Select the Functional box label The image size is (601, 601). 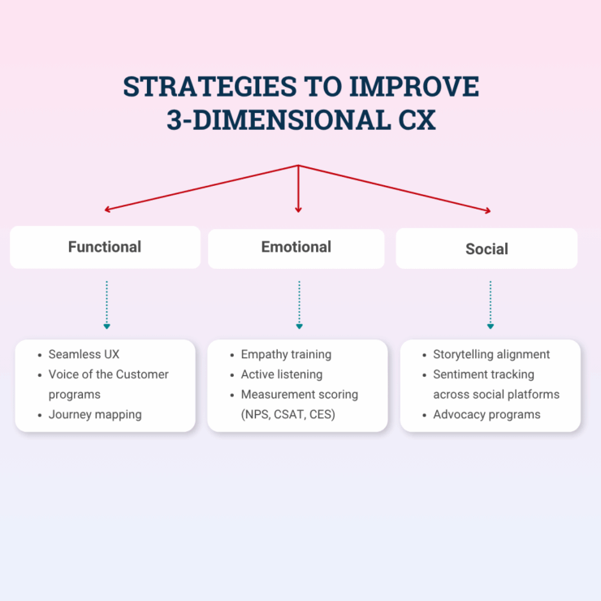coord(105,247)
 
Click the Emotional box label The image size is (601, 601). coord(296,247)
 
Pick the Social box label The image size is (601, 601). coord(486,249)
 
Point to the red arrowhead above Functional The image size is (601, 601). coord(108,209)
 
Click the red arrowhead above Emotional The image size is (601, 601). coord(299,209)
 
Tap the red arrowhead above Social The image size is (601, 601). coord(487,210)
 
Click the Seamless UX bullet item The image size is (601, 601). coord(84,355)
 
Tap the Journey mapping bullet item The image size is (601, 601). coord(95,414)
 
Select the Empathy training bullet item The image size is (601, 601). coord(286,355)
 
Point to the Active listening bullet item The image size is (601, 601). coord(282,374)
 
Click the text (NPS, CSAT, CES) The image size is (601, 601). coord(289,414)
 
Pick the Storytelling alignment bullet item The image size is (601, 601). coord(491,355)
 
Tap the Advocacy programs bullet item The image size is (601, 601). coord(486,414)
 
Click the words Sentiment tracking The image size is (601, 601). coord(483,374)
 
